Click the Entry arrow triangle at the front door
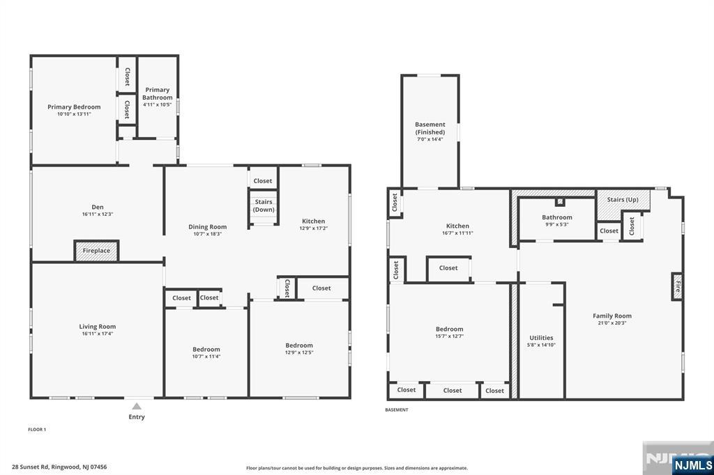pos(137,406)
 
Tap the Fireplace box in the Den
pos(96,251)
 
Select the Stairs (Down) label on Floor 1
pos(263,205)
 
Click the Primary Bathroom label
pos(157,93)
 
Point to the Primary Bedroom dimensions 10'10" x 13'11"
pos(74,114)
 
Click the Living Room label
pos(97,327)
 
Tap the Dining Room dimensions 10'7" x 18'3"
pos(208,234)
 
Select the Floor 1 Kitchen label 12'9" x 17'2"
pos(313,221)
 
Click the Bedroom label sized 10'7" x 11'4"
pos(206,350)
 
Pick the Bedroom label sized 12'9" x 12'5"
pos(299,345)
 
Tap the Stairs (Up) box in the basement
pos(623,200)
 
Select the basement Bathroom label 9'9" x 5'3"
pos(556,217)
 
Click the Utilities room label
pos(541,338)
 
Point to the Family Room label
pos(612,316)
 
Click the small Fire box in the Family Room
pos(676,286)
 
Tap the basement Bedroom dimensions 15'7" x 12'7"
pos(449,336)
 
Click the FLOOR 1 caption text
pos(37,430)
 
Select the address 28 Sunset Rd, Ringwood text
pos(59,467)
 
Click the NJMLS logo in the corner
pos(692,465)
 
